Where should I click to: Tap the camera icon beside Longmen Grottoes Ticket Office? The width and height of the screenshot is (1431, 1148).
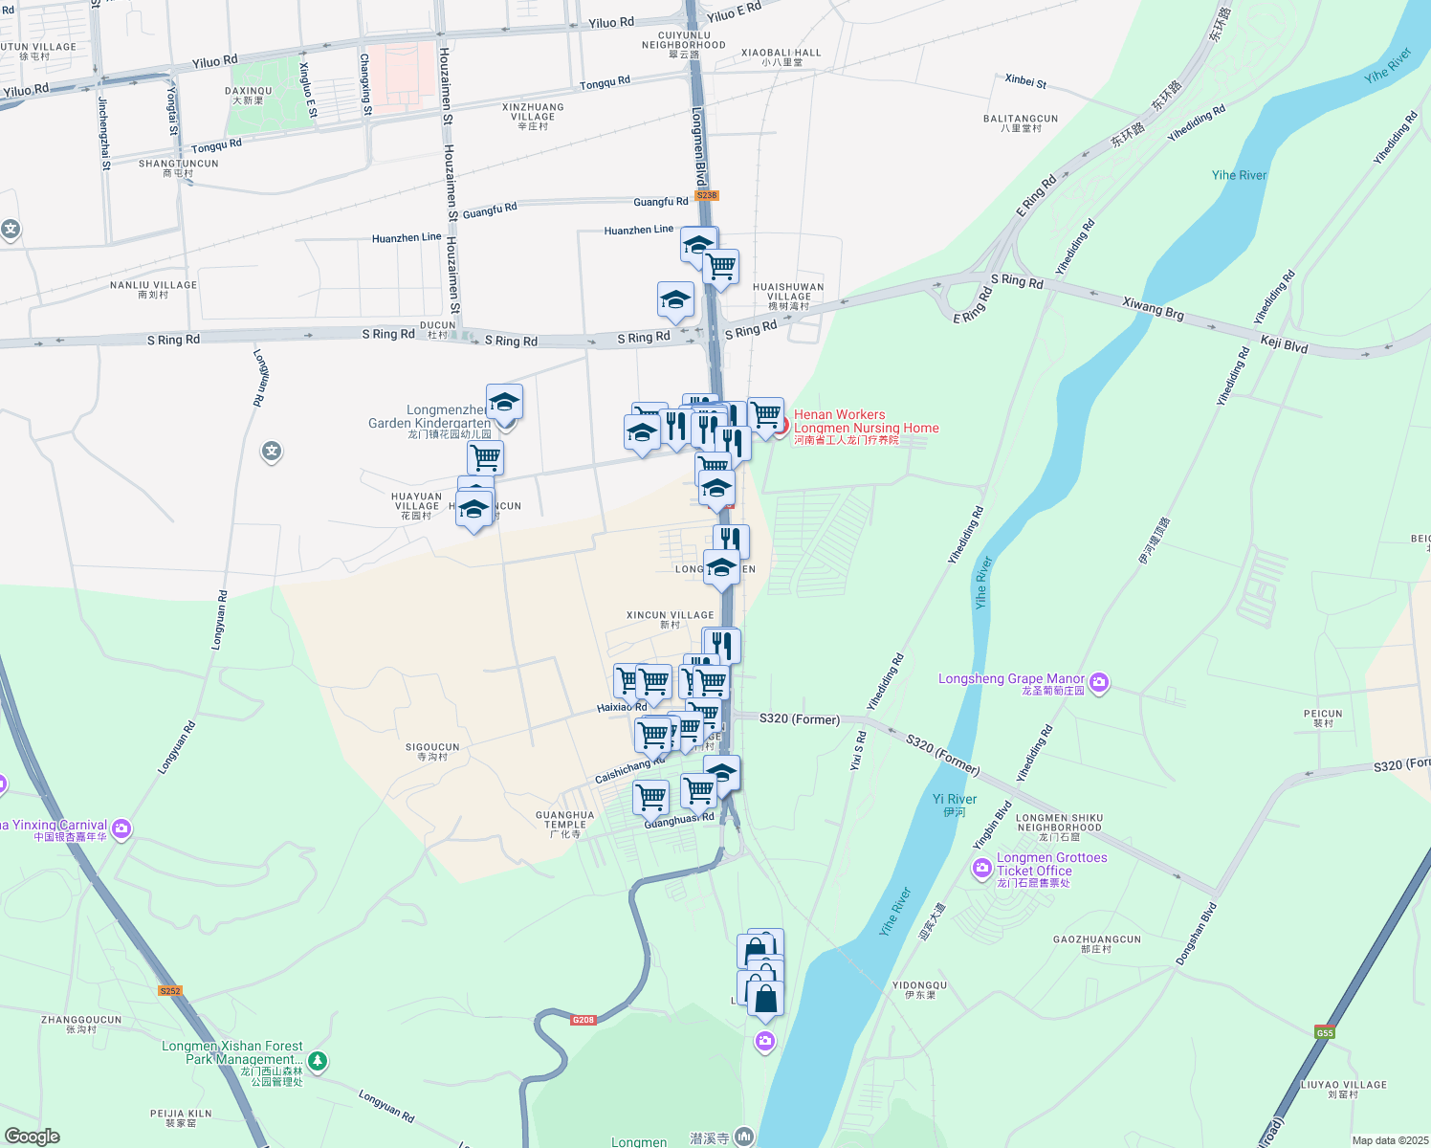981,869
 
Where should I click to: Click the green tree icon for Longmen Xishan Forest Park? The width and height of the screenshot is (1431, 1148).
319,1061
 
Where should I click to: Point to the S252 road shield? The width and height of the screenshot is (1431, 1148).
170,991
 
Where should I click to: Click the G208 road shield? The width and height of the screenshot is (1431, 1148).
583,1020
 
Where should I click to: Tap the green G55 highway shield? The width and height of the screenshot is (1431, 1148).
1324,1032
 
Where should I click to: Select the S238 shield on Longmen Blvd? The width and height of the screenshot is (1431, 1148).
706,195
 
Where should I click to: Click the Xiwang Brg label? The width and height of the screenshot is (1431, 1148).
1153,308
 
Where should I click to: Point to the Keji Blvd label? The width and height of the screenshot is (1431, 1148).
1284,344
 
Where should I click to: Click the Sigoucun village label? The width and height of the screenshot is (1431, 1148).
432,751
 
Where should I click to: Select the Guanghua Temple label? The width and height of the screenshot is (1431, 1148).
565,824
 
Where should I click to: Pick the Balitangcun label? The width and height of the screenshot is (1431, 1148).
1021,122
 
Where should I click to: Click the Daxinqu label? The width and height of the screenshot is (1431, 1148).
249,95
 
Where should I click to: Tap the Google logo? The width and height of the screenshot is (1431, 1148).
33,1137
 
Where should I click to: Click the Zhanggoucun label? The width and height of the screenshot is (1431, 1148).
81,1025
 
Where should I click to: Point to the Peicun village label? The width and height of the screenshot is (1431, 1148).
1323,717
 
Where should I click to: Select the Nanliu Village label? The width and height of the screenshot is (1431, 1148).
153,289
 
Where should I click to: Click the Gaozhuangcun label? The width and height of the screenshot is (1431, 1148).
1096,943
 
